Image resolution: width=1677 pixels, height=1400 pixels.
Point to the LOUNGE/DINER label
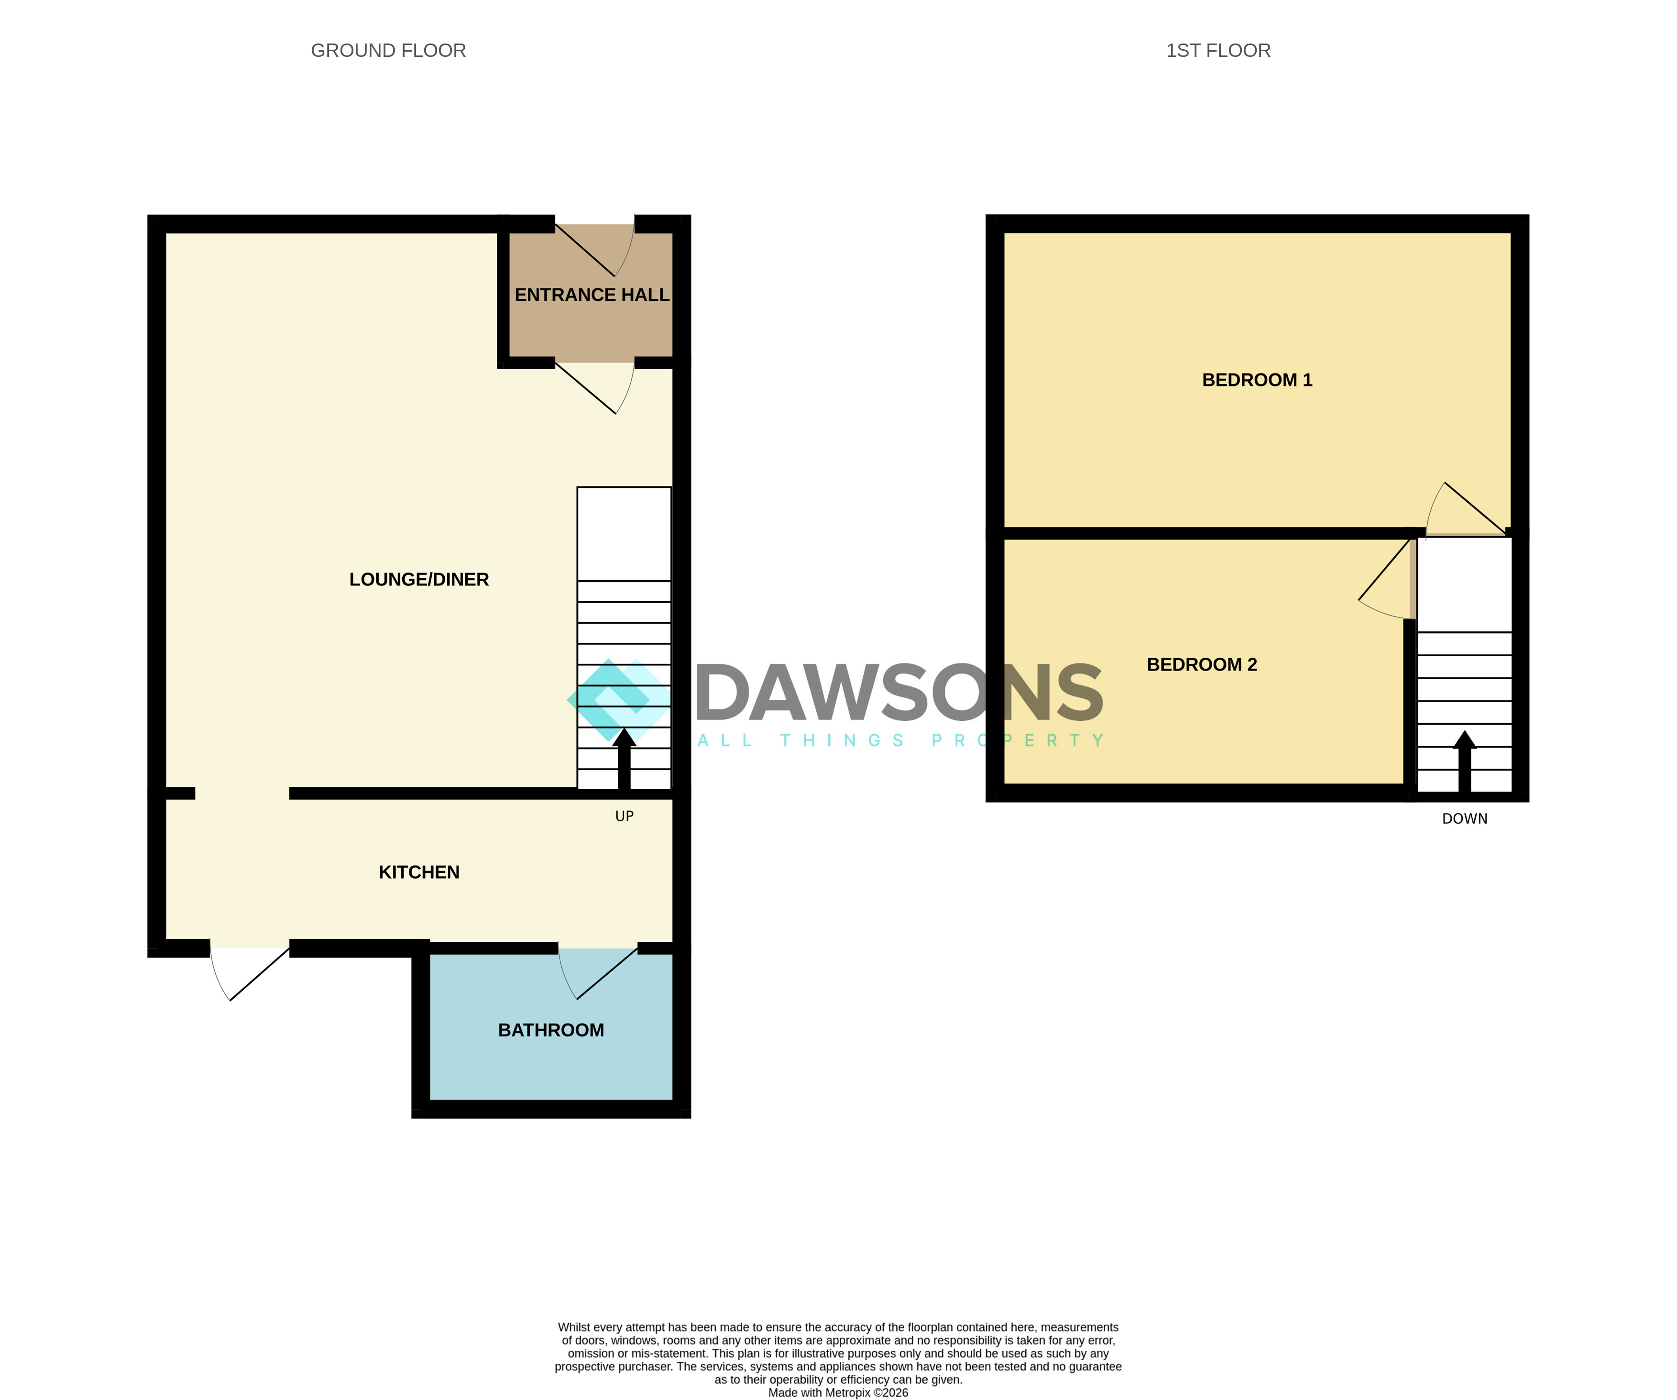pyautogui.click(x=419, y=580)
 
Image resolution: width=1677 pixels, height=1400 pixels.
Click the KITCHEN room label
pyautogui.click(x=419, y=872)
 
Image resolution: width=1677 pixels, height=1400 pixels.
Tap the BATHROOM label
pyautogui.click(x=551, y=1030)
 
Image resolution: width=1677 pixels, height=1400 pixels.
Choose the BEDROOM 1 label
pyautogui.click(x=1257, y=380)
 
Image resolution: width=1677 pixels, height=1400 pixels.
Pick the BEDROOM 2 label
pyautogui.click(x=1202, y=664)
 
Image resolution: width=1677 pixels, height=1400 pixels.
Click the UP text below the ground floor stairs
pyautogui.click(x=625, y=816)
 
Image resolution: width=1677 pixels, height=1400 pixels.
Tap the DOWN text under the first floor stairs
pyautogui.click(x=1465, y=818)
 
